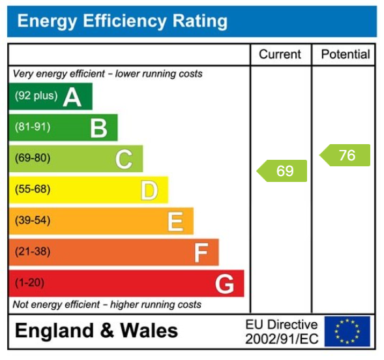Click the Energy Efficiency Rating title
click(x=122, y=22)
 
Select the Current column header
click(x=280, y=55)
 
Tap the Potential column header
click(x=345, y=55)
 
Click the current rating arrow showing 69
click(x=282, y=171)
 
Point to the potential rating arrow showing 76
click(x=346, y=155)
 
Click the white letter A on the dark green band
click(x=72, y=97)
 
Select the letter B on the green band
click(x=98, y=128)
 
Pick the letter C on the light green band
click(x=124, y=159)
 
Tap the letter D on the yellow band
click(x=149, y=190)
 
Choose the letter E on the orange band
click(x=175, y=222)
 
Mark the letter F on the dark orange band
click(x=201, y=253)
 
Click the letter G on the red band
click(x=224, y=284)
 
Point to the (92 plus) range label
click(x=36, y=96)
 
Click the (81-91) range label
click(x=33, y=127)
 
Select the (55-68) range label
click(x=33, y=190)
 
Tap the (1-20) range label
click(x=30, y=283)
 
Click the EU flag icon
click(x=347, y=331)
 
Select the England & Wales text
click(x=96, y=331)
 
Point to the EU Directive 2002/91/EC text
click(x=282, y=332)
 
